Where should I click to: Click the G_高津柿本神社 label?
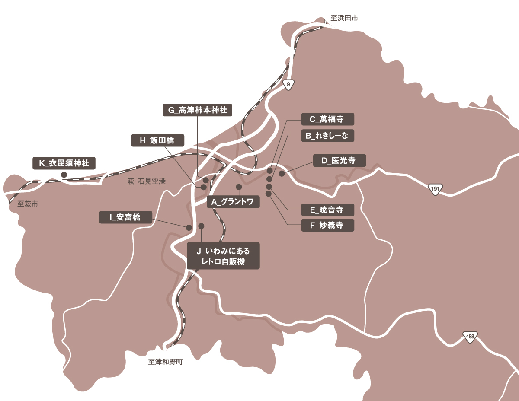pyautogui.click(x=197, y=110)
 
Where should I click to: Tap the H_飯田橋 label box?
pyautogui.click(x=158, y=140)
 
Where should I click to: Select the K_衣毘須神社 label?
pyautogui.click(x=64, y=163)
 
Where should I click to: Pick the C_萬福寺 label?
pyautogui.click(x=327, y=119)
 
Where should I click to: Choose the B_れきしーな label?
pyautogui.click(x=327, y=136)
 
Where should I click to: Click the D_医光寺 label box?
pyautogui.click(x=339, y=161)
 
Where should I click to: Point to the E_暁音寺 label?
pyautogui.click(x=327, y=210)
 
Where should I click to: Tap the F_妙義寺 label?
pyautogui.click(x=327, y=225)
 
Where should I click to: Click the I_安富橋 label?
pyautogui.click(x=125, y=217)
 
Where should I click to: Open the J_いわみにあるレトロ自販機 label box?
pyautogui.click(x=224, y=256)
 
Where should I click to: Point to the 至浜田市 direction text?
pyautogui.click(x=344, y=18)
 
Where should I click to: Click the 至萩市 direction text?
pyautogui.click(x=28, y=204)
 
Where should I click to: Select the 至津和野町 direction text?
pyautogui.click(x=165, y=362)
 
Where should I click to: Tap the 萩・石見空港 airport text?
pyautogui.click(x=146, y=182)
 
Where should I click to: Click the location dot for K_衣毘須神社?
pyautogui.click(x=64, y=175)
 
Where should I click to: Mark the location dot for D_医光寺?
pyautogui.click(x=282, y=174)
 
